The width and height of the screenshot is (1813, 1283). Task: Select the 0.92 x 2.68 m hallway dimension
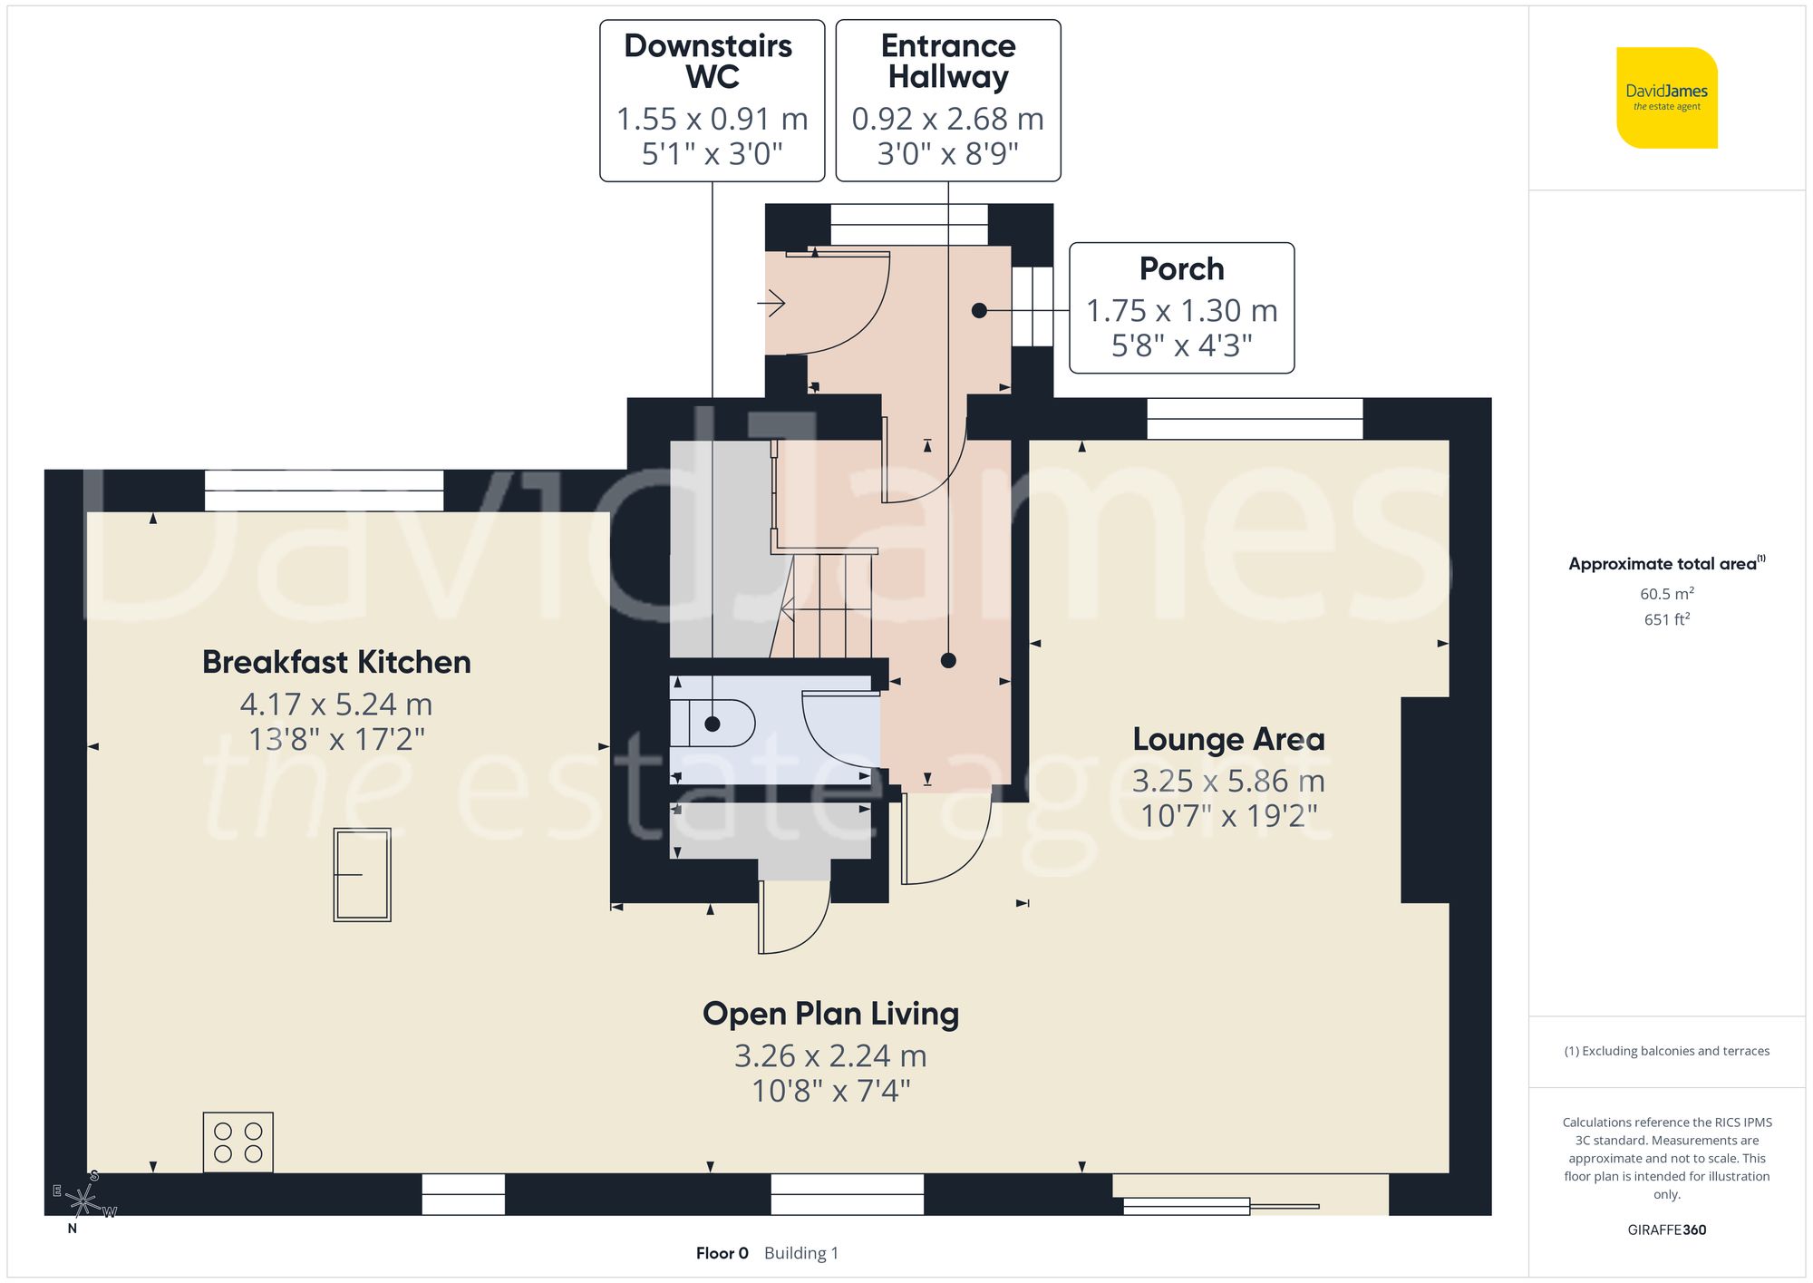point(947,119)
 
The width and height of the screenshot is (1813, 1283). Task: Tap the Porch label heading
point(1181,268)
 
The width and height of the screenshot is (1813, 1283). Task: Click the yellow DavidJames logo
point(1666,98)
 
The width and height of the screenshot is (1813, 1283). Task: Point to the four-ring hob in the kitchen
point(238,1142)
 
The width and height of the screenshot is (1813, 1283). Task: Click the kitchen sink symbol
point(362,875)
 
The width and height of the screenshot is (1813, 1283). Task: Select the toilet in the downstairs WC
point(721,724)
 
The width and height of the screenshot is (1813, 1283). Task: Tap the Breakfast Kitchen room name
point(336,662)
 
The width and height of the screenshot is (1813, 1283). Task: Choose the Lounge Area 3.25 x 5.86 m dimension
point(1228,781)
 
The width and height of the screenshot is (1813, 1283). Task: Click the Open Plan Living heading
point(830,1014)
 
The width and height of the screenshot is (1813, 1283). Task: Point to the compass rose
point(82,1201)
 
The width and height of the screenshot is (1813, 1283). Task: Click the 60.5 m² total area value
point(1666,594)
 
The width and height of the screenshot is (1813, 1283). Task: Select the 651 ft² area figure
point(1666,619)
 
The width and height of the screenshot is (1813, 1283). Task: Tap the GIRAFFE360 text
point(1666,1230)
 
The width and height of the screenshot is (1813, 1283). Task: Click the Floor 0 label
point(722,1253)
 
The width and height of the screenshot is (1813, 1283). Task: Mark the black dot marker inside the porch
point(979,310)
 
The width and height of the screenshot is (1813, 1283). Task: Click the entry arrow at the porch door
point(771,302)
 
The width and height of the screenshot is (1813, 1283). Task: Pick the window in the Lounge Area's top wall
point(1255,419)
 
